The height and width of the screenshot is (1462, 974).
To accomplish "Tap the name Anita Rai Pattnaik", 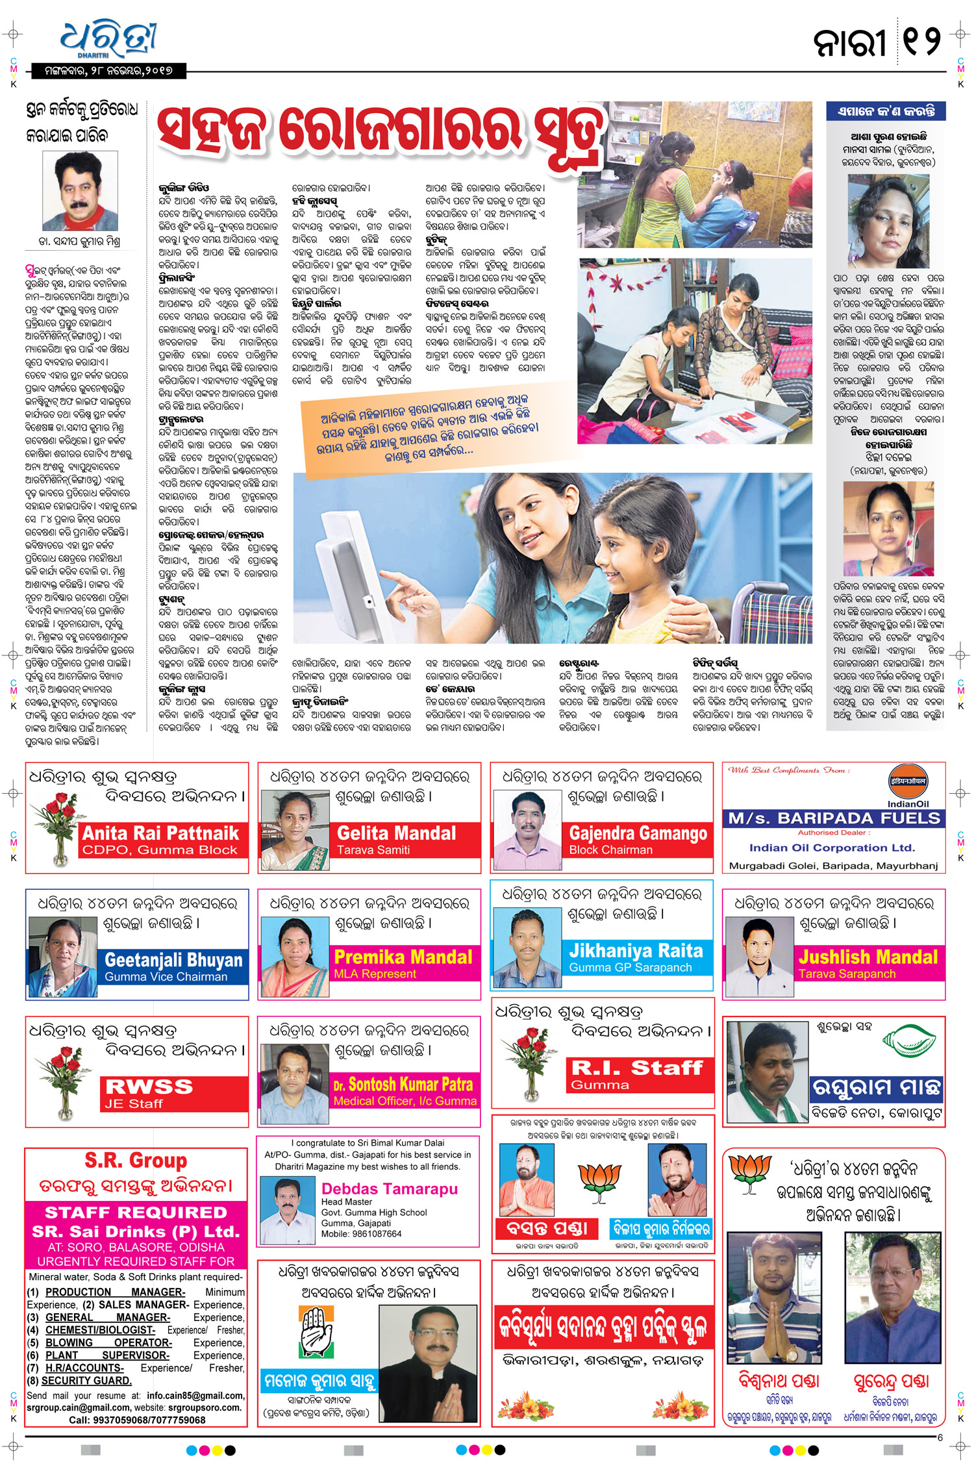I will click(160, 833).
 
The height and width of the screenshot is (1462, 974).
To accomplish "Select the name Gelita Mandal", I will click(396, 833).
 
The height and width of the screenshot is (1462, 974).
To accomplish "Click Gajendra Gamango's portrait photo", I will click(527, 829).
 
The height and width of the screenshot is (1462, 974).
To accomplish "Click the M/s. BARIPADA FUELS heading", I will click(834, 818).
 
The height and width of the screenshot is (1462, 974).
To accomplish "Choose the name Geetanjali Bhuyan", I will click(173, 960).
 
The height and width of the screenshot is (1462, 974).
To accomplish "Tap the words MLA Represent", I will click(375, 974).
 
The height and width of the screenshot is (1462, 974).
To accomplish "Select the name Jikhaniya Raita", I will click(636, 951).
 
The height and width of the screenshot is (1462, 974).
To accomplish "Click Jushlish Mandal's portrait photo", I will click(760, 956).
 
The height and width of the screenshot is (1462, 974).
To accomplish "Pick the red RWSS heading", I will click(149, 1086).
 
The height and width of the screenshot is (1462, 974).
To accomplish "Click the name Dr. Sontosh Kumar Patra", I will click(403, 1084).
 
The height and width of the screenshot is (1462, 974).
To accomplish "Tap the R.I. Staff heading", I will click(636, 1067).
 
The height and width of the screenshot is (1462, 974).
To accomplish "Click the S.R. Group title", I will click(136, 1160).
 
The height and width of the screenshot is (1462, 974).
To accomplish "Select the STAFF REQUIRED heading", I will click(136, 1212).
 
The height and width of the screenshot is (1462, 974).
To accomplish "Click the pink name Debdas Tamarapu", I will click(390, 1189).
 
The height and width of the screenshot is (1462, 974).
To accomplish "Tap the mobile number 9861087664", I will click(377, 1233).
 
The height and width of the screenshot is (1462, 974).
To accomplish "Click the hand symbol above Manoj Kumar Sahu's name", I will click(318, 1331).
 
